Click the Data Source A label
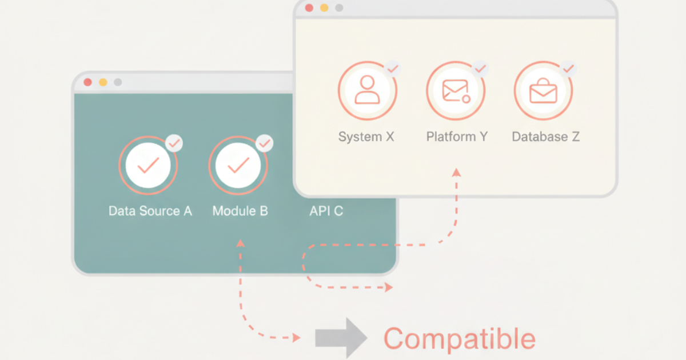(150, 211)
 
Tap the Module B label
(240, 211)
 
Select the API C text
(326, 211)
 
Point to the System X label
(366, 137)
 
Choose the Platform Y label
(457, 137)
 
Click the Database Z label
(546, 137)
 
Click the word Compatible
(460, 338)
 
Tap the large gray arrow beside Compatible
(341, 338)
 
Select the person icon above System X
(367, 90)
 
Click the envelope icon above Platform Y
(456, 91)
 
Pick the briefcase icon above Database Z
(543, 91)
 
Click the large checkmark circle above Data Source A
(148, 165)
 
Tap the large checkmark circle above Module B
(238, 165)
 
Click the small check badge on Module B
(265, 143)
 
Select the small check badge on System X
(393, 69)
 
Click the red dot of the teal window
(88, 82)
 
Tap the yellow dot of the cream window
(324, 8)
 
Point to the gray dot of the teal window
(118, 82)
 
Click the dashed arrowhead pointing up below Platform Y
(456, 173)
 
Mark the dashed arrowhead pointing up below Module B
(241, 243)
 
